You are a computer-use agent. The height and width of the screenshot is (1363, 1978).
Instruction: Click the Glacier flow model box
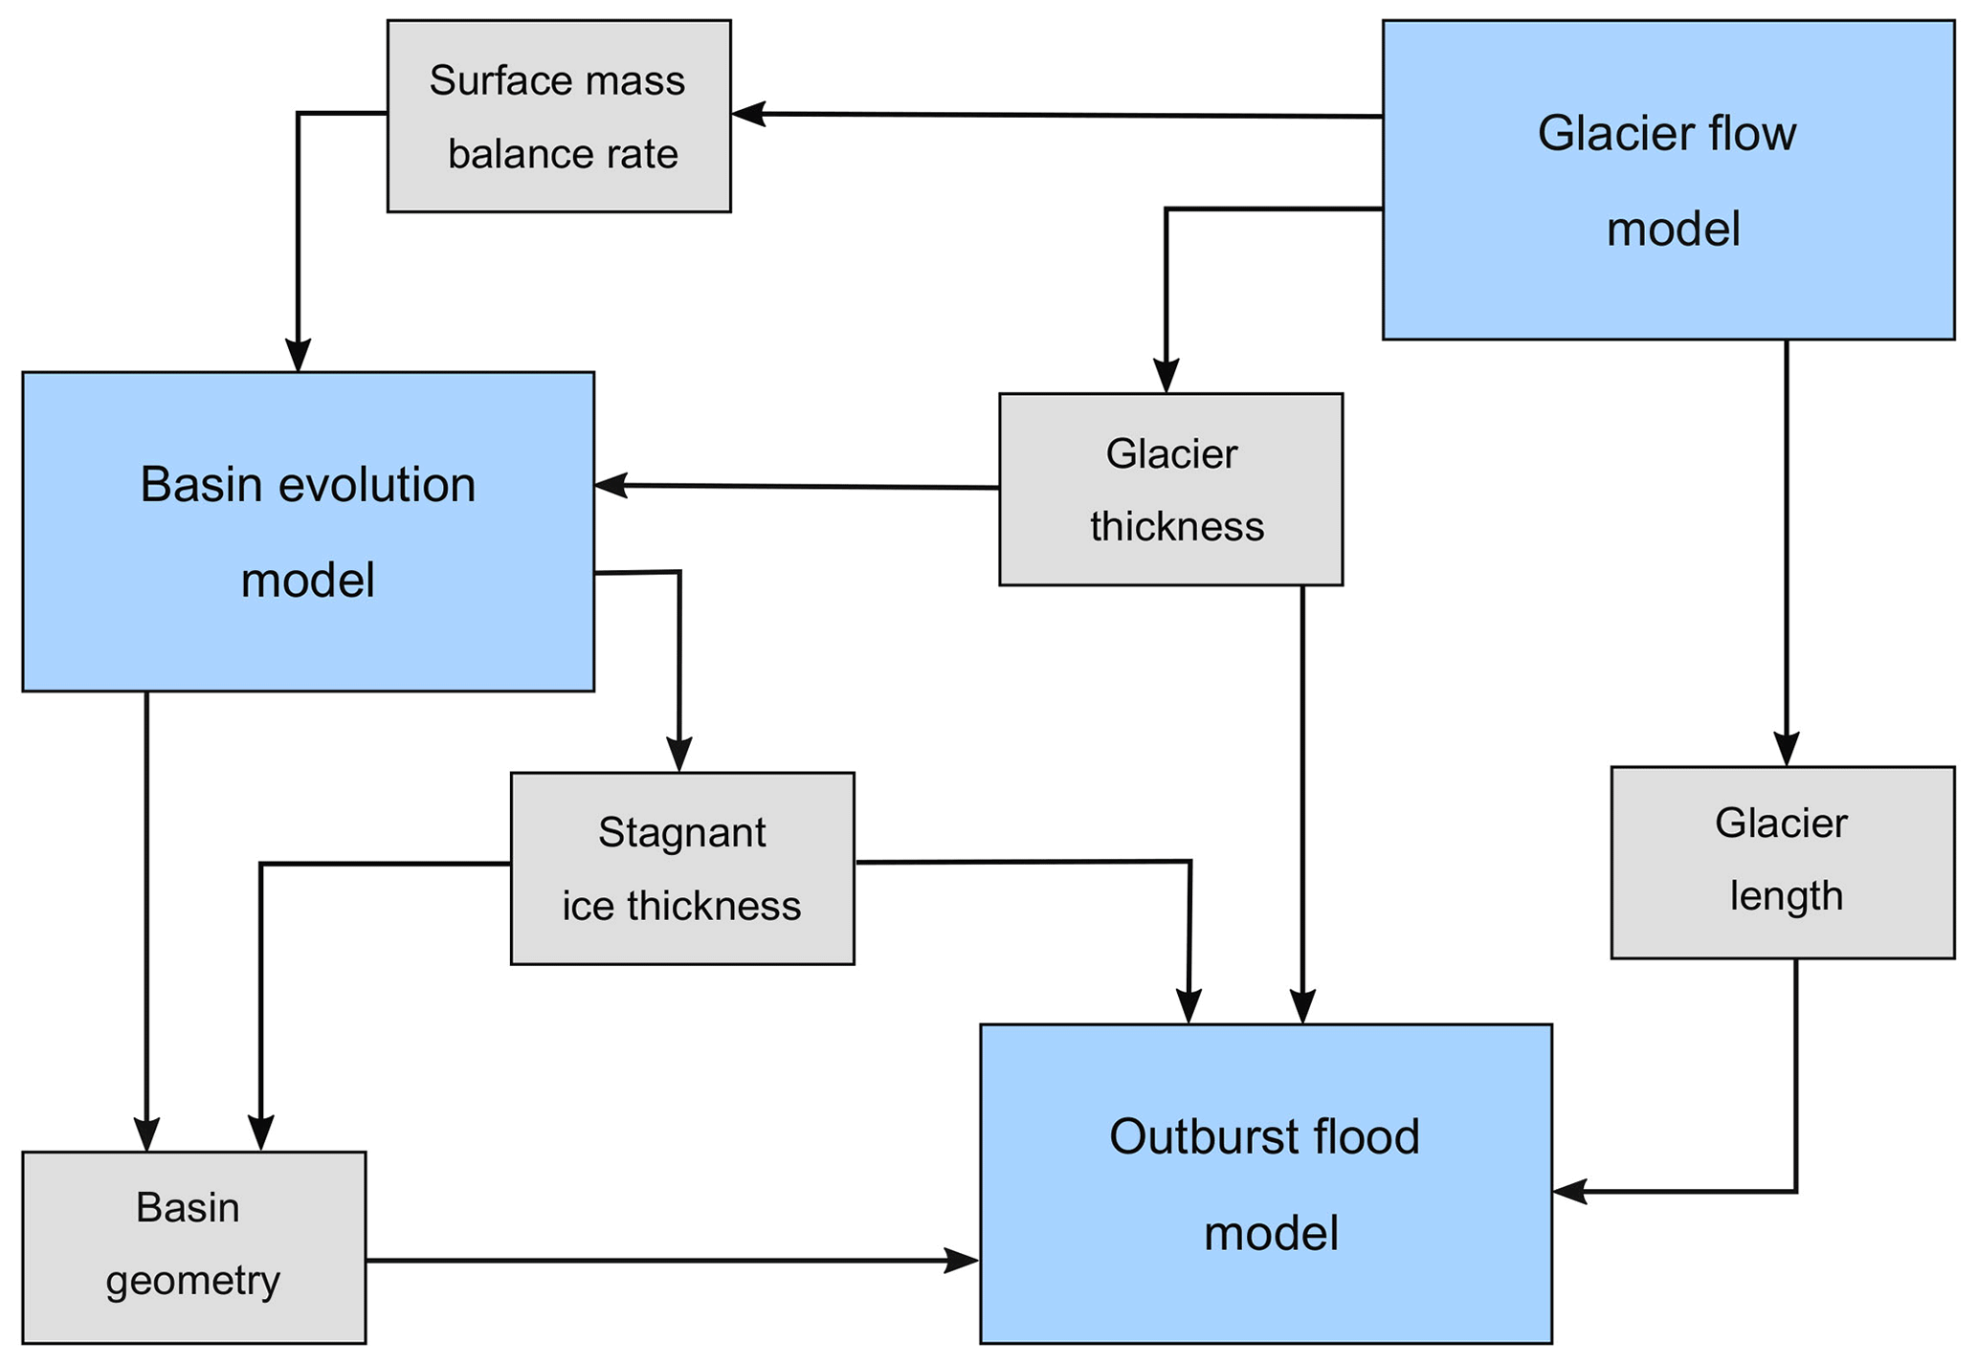(1668, 180)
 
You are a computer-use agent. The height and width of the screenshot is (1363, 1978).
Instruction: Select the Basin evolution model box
(308, 532)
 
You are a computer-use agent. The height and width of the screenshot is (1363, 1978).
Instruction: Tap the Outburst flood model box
(1265, 1184)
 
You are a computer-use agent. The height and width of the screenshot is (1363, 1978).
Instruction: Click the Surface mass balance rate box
(559, 116)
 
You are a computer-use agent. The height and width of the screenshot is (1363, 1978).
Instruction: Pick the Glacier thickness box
(1170, 489)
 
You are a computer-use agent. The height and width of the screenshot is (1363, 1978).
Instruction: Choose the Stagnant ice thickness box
(682, 868)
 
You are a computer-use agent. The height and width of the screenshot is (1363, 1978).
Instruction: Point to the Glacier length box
(1782, 862)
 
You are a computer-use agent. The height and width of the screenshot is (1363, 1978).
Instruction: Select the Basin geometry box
(194, 1247)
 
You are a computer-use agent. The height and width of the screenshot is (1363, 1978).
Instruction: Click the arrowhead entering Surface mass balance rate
(747, 114)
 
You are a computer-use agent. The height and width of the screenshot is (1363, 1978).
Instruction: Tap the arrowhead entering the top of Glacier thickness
(1166, 376)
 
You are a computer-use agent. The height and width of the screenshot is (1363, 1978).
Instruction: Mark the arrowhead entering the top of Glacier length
(1787, 749)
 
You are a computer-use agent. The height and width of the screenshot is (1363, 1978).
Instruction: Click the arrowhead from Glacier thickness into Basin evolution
(611, 486)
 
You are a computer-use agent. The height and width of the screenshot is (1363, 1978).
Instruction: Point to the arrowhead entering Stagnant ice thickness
(679, 756)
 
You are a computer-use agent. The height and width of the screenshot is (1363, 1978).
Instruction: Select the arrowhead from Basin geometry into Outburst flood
(963, 1261)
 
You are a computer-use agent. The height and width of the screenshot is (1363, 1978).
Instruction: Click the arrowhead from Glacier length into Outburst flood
(1569, 1192)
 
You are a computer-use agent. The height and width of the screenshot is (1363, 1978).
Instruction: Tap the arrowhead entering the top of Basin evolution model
(299, 355)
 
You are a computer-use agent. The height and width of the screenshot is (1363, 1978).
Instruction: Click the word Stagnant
(681, 833)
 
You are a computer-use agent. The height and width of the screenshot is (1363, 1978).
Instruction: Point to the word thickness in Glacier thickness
(1177, 527)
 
